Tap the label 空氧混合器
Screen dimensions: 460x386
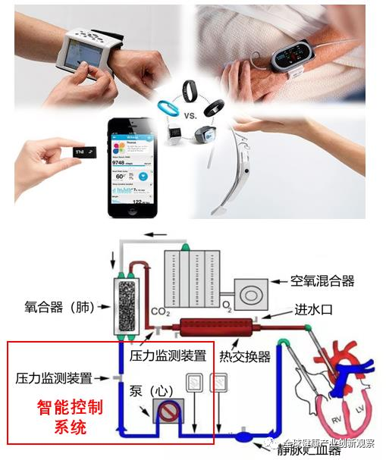[x=322, y=281]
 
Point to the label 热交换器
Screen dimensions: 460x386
[x=244, y=356]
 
